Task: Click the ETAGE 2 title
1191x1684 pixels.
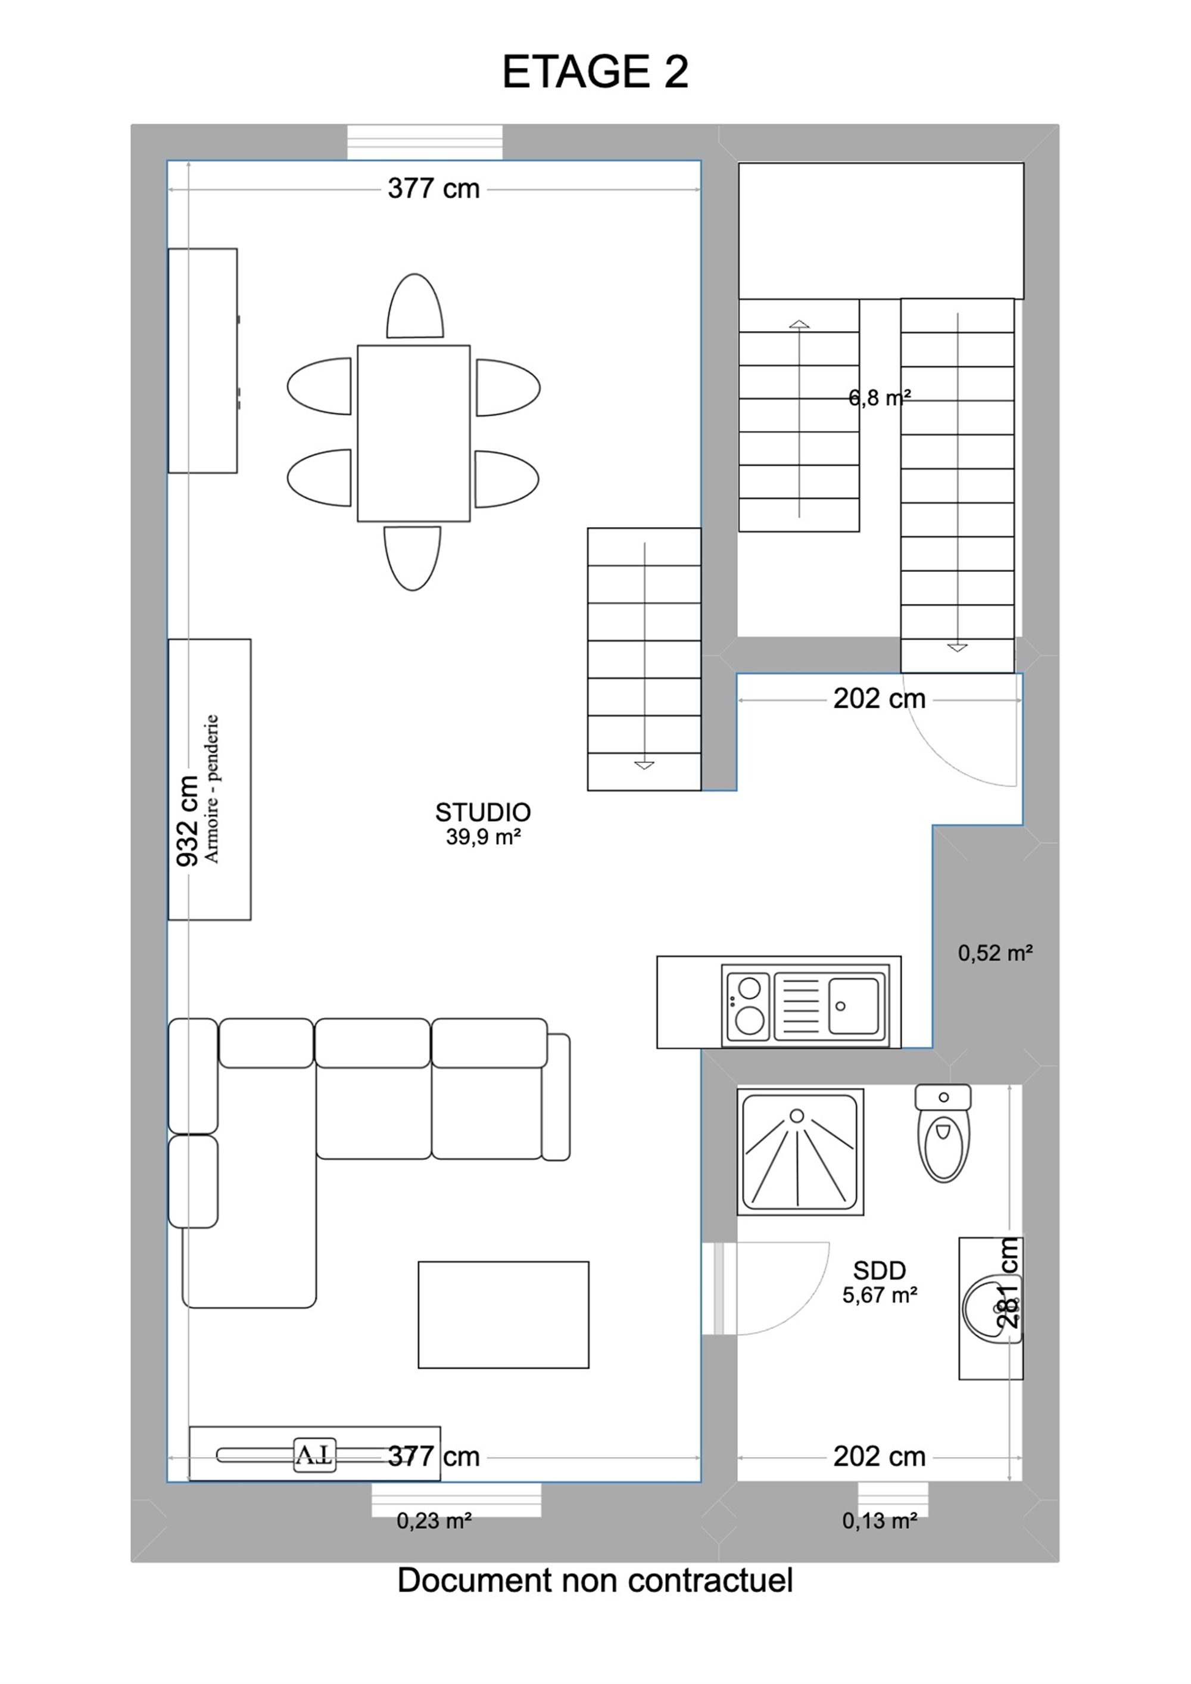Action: click(x=595, y=73)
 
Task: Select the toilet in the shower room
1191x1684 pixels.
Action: click(x=943, y=1133)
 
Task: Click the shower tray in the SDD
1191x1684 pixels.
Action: click(x=800, y=1151)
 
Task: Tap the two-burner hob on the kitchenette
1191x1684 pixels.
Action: click(x=747, y=1005)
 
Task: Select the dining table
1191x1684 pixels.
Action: click(x=414, y=434)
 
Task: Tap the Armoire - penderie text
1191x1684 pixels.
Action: click(x=212, y=789)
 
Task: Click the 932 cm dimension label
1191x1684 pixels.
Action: click(x=188, y=821)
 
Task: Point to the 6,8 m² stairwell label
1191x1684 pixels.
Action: click(x=880, y=397)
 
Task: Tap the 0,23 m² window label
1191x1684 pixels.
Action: click(x=434, y=1521)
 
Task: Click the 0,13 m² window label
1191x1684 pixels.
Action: click(x=880, y=1521)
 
